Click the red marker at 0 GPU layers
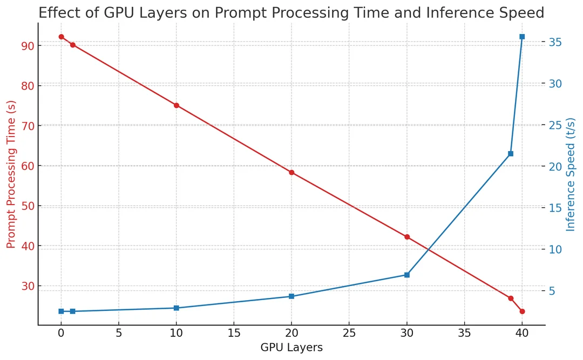tap(61, 37)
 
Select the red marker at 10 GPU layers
tap(176, 105)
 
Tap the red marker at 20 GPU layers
tap(291, 173)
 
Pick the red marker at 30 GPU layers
tap(407, 237)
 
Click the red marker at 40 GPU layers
tap(522, 311)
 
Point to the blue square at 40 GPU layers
tap(522, 37)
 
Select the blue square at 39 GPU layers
tap(511, 154)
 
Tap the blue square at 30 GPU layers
tap(407, 275)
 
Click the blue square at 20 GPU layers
tap(291, 296)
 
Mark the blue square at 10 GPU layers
tap(176, 308)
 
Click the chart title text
tap(291, 12)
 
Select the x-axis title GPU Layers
tap(291, 348)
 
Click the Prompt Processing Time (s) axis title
tap(11, 174)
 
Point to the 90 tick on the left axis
tap(27, 46)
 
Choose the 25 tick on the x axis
tap(349, 334)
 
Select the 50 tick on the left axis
tap(27, 206)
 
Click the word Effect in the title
tap(57, 12)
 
